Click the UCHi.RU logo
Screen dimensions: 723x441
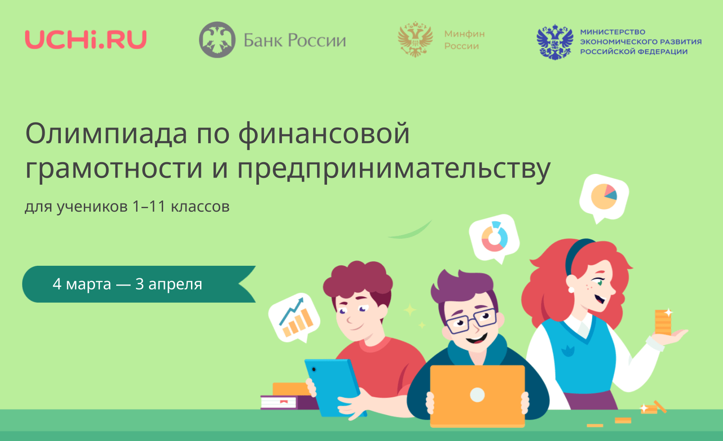[86, 40]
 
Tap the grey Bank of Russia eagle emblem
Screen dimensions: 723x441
[217, 40]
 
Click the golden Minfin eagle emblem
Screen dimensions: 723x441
[415, 39]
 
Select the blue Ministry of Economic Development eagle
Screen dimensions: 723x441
[555, 42]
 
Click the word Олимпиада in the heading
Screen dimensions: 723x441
[106, 133]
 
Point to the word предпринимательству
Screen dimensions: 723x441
[394, 168]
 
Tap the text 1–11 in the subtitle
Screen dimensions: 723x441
[149, 206]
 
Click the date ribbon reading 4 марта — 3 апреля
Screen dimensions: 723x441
[139, 284]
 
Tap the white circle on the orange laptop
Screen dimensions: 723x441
[477, 395]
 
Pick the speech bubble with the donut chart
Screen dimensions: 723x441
[494, 238]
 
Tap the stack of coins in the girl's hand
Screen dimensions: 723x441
[663, 322]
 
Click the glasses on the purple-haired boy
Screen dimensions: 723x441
[472, 321]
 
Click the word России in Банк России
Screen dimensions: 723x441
[317, 41]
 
